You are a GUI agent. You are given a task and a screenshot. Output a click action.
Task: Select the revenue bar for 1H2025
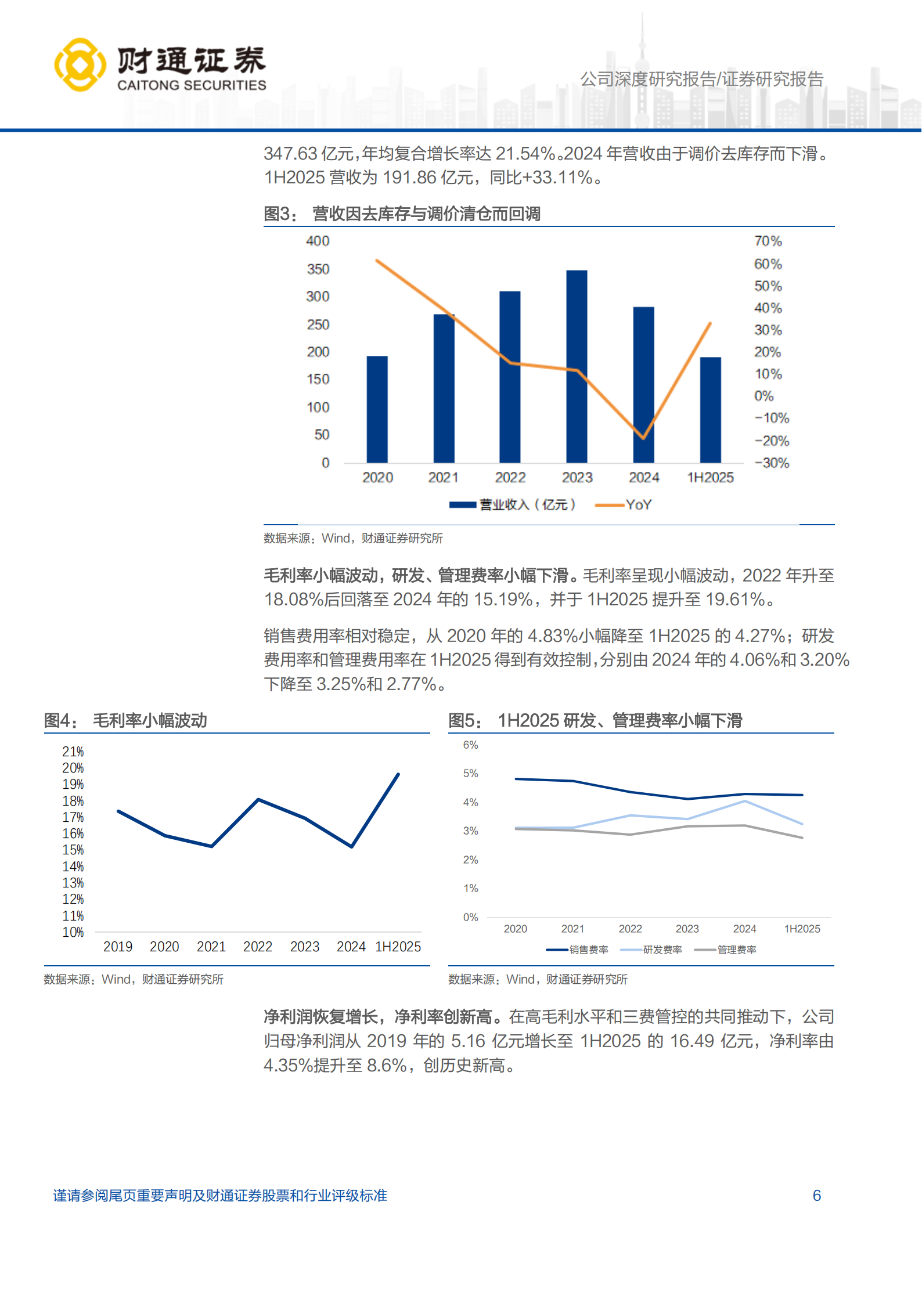coord(710,410)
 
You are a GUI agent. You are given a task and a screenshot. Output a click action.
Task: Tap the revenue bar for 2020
coord(377,409)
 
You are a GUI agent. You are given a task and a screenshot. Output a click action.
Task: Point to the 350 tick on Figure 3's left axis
coord(318,269)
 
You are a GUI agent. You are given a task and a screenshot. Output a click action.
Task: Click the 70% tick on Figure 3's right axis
coord(768,241)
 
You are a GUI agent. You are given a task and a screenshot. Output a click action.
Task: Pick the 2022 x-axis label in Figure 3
coord(510,478)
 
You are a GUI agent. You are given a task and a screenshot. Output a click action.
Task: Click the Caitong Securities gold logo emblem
coord(80,64)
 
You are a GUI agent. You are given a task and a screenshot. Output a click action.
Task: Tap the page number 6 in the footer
coord(816,1196)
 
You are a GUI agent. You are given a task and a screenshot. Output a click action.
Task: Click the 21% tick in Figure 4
coord(73,752)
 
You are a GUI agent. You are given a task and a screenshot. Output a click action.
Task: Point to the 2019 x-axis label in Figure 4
coord(118,947)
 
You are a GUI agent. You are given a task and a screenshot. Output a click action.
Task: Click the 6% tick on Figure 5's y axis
coord(470,745)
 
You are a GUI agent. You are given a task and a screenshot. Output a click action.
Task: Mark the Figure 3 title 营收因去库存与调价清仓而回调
coord(426,214)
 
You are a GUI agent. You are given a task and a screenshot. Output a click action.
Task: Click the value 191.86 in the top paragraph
coord(409,178)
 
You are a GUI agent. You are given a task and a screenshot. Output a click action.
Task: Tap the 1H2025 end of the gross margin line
coord(398,774)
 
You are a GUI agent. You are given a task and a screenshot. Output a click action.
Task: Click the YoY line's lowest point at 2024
coord(643,438)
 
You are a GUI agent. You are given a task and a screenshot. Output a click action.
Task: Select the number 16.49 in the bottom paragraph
coord(691,1041)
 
